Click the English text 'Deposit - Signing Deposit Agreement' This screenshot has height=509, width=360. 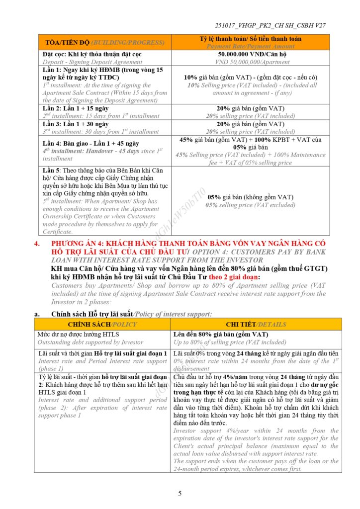[92, 62]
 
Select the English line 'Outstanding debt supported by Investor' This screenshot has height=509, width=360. [90, 342]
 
